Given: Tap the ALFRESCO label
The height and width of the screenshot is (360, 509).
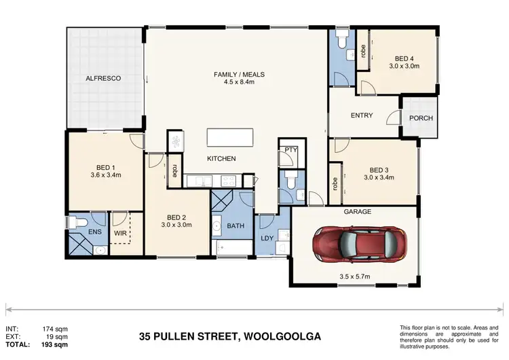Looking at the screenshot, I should point(103,79).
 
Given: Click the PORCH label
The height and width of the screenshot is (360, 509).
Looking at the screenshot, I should point(421,118).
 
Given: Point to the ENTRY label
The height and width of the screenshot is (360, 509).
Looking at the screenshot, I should point(362,115).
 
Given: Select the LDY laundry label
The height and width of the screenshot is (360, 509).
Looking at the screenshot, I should point(268,239).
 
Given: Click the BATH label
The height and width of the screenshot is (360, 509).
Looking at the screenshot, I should point(235,226).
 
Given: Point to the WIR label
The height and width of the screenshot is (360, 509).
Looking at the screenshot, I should point(120,234).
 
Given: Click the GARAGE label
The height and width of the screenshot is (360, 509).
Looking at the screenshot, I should point(357,212).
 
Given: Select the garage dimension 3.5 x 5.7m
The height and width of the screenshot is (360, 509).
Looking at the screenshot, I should point(357,276).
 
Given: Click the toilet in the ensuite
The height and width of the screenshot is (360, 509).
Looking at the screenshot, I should point(79,222).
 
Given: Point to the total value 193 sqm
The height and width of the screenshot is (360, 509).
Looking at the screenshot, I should point(56,344).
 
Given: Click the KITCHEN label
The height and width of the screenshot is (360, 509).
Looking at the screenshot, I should point(221,158).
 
